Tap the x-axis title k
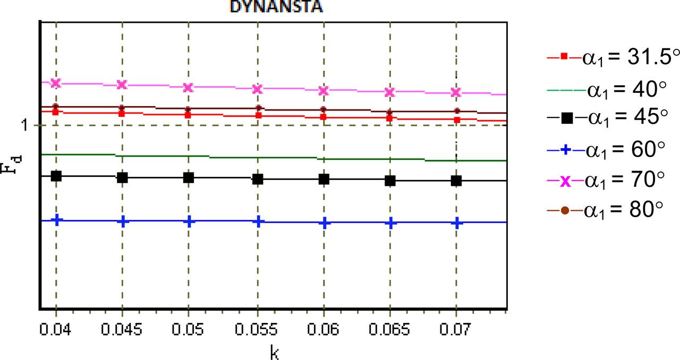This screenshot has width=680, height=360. [x=275, y=351]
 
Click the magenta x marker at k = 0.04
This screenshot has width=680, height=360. [x=56, y=83]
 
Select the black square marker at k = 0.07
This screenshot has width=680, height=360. [x=456, y=181]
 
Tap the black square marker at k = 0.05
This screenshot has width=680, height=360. [x=188, y=177]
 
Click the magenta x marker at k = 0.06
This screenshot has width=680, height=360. [x=324, y=91]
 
